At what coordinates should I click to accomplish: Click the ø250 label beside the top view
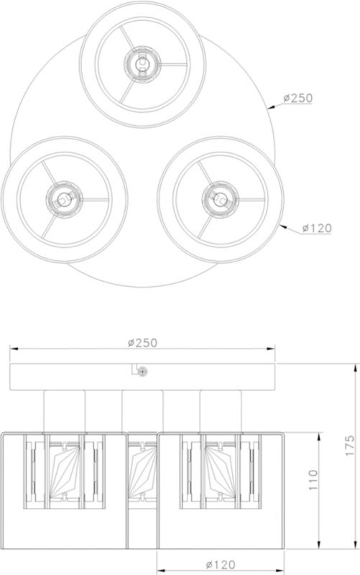(x=297, y=98)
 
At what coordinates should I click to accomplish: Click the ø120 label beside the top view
(x=315, y=228)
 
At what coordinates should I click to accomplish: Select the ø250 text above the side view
(x=142, y=343)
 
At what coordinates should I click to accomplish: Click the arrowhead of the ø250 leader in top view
(x=269, y=107)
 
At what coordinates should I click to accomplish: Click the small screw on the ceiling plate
(x=142, y=372)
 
